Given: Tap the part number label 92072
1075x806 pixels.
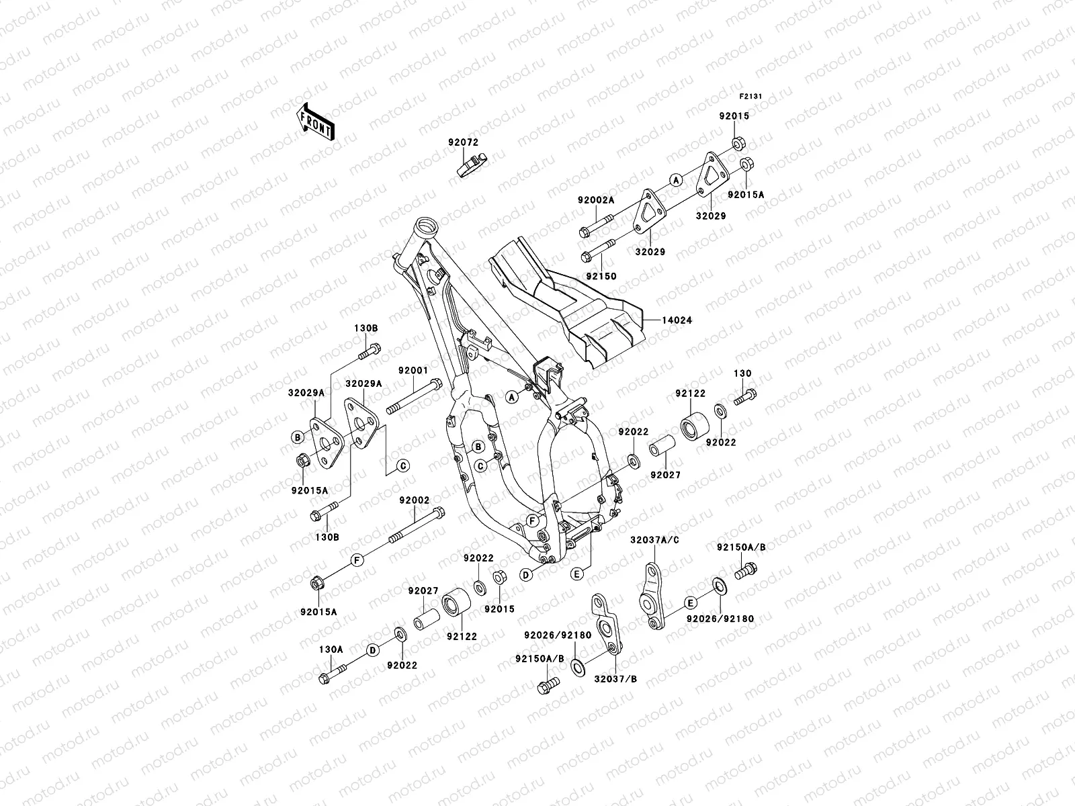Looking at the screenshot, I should [462, 142].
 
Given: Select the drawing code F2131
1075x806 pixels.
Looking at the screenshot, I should [752, 97].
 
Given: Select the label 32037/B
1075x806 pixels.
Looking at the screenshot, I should [615, 679].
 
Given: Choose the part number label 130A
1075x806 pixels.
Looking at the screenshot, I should [331, 650].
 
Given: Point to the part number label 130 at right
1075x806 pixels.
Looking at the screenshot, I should [742, 373].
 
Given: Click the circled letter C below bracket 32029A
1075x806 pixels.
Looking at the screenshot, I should [403, 466].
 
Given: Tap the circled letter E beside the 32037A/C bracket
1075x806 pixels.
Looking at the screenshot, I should [691, 602].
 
